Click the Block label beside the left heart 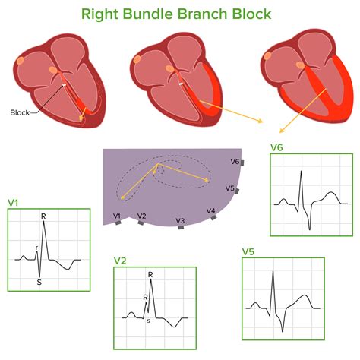(20, 112)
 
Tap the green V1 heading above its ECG (14, 203)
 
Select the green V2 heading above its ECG (120, 261)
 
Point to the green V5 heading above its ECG (248, 251)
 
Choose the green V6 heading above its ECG (277, 148)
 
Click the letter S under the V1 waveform (39, 282)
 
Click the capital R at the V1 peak (43, 217)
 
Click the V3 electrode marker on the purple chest (180, 226)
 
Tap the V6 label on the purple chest (235, 162)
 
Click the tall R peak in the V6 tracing (302, 172)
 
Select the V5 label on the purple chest (229, 188)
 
